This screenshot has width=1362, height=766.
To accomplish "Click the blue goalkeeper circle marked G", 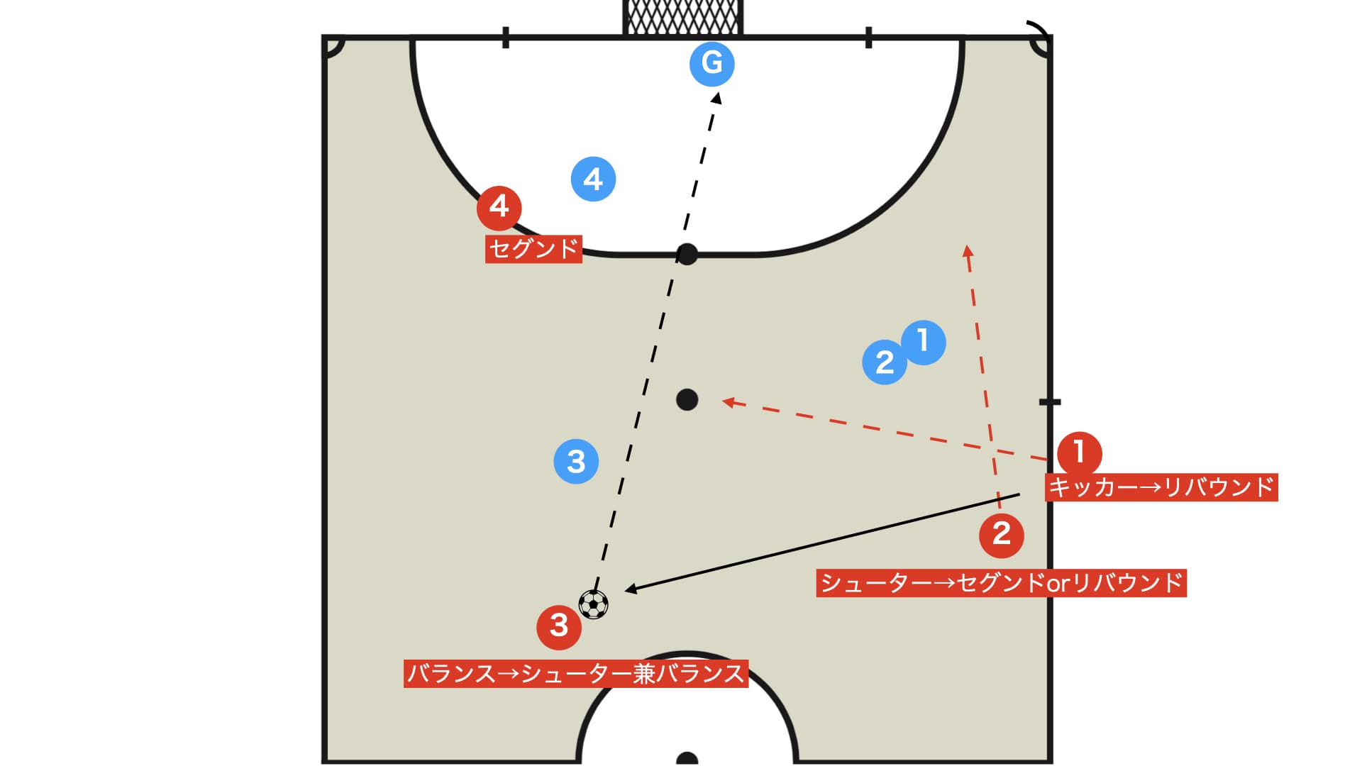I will [x=712, y=64].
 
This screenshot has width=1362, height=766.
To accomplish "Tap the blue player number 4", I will [x=593, y=179].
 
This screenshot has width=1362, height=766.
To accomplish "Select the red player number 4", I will [x=499, y=208].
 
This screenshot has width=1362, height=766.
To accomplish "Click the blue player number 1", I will [x=924, y=343].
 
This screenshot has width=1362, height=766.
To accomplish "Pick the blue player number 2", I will [x=885, y=362].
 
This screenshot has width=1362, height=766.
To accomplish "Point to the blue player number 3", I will [x=576, y=462].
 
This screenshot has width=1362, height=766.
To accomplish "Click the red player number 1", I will [x=1079, y=453].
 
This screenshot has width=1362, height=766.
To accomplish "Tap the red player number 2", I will [x=1001, y=535].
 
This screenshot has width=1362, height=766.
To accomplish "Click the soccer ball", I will [x=593, y=605].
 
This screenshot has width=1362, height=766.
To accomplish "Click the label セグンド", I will [x=533, y=249].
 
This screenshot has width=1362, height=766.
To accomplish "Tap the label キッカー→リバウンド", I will [x=1161, y=487].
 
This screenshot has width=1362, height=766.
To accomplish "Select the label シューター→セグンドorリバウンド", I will [x=1001, y=583].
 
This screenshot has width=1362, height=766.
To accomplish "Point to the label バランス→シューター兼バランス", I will [x=576, y=673].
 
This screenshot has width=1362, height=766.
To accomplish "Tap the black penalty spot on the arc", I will [x=687, y=254].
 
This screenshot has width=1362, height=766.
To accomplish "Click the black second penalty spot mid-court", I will [x=687, y=400].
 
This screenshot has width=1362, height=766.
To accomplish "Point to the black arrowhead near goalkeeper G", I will [x=717, y=98].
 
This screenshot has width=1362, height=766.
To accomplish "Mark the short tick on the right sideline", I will [x=1050, y=402].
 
